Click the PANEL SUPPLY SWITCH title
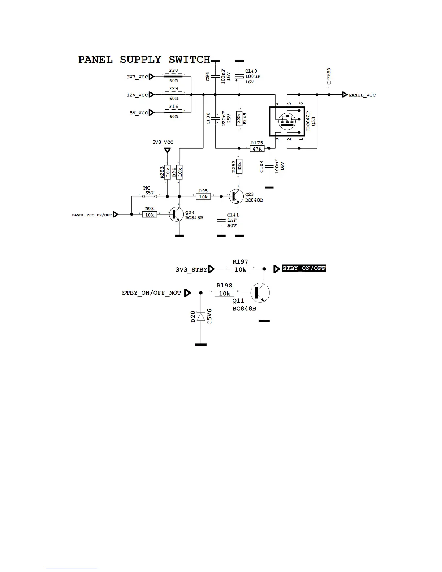pos(144,60)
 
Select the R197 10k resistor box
pos(240,269)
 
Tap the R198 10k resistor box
pos(224,293)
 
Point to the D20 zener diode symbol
pos(201,317)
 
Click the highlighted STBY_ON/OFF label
pos(304,268)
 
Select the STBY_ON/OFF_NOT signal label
pos(151,293)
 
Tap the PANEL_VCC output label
pos(362,95)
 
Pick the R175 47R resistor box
pos(257,148)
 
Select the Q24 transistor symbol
pos(177,214)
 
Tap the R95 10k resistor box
pos(203,197)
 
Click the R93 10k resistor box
pos(149,215)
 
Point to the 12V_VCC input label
pos(137,95)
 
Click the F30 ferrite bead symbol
pos(173,76)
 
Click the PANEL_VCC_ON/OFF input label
pos(92,215)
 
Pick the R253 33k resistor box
pos(239,166)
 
